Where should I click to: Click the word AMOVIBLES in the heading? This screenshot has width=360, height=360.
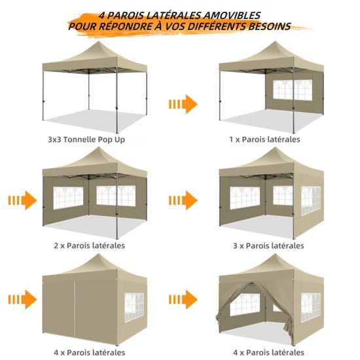point(232,16)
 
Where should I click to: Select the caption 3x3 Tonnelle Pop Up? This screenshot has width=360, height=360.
point(86,139)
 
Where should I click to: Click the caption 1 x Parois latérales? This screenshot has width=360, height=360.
point(264,139)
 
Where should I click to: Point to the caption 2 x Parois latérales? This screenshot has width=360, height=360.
point(89,245)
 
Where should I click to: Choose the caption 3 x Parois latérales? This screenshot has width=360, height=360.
point(268,245)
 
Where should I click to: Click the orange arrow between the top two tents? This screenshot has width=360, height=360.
point(183,104)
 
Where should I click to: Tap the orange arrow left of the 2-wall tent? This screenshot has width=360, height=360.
point(22,200)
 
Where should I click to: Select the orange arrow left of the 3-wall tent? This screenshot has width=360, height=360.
point(183,200)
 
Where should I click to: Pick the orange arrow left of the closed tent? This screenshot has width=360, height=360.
point(22,299)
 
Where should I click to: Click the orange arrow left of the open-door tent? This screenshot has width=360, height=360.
point(183,299)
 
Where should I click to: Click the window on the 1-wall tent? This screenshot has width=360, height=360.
point(293,90)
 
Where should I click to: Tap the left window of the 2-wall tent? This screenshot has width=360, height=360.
point(68,198)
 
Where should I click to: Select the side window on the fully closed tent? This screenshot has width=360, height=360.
point(134,307)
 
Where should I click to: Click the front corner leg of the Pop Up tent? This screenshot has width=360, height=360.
point(117,100)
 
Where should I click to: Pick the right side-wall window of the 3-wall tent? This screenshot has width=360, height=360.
point(311,200)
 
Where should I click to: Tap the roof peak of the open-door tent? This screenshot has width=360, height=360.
point(275,255)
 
